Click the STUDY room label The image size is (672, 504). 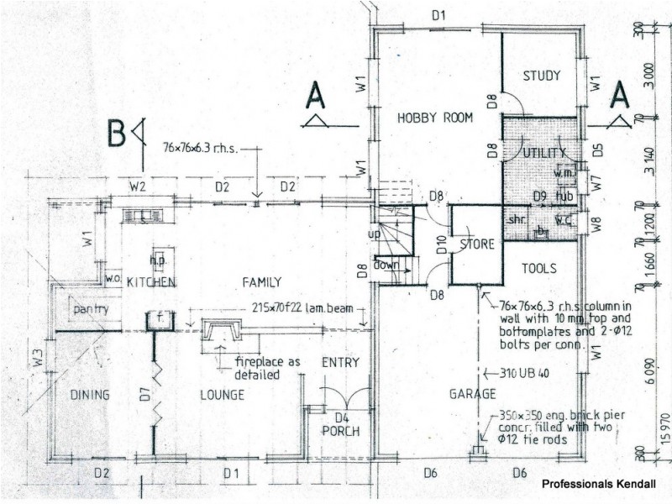(x=542, y=76)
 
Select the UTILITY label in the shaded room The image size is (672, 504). (x=540, y=153)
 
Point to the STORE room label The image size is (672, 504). (x=476, y=244)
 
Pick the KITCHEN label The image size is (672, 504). (x=151, y=282)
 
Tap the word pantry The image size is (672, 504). (x=90, y=309)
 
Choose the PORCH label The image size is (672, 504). (x=341, y=432)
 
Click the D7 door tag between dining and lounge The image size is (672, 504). (x=144, y=391)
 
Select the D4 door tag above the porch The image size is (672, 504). (x=341, y=417)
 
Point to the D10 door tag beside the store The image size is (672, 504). (x=441, y=245)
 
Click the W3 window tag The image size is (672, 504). (x=38, y=358)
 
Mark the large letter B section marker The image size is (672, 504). (x=117, y=134)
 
